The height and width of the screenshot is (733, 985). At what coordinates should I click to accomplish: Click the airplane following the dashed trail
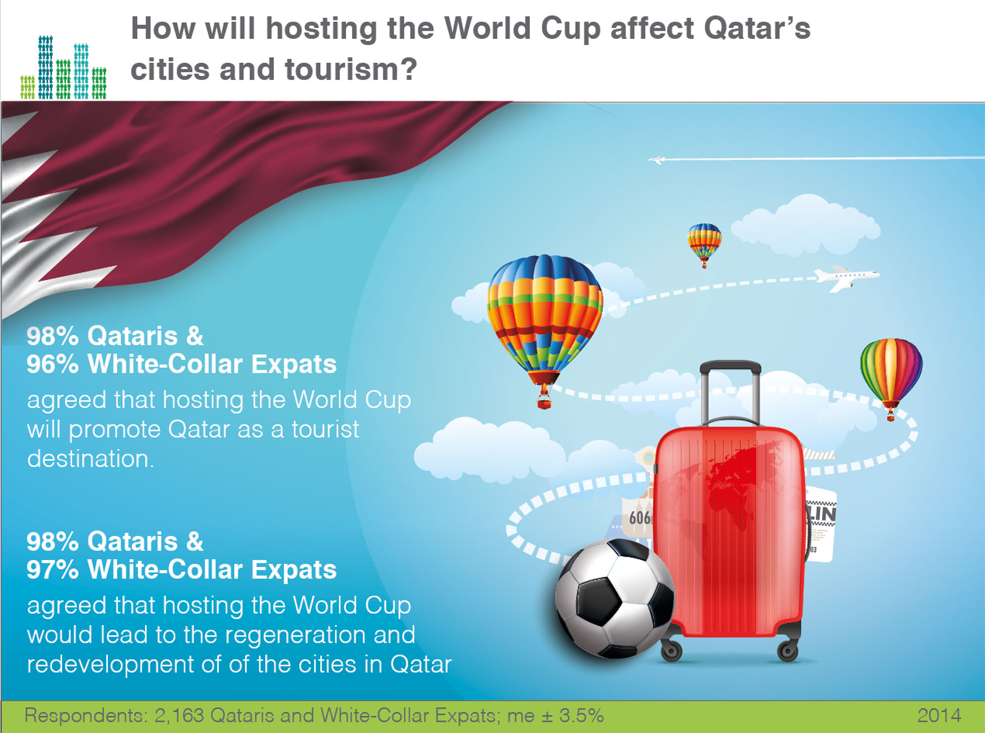846,278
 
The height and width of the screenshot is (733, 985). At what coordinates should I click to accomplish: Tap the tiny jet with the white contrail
657,160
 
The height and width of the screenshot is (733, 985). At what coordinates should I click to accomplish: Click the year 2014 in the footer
939,715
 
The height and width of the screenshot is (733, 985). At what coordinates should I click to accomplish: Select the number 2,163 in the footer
179,716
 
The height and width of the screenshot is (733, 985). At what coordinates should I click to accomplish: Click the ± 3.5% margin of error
572,715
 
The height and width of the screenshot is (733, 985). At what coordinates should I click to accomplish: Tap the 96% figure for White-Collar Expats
53,364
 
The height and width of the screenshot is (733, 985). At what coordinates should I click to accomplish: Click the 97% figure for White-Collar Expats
53,569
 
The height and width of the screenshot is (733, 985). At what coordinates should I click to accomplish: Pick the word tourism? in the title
351,69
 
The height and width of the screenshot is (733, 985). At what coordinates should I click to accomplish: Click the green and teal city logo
64,67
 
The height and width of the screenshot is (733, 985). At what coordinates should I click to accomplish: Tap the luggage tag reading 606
639,517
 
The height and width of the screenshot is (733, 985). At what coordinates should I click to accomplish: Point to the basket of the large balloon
544,403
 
